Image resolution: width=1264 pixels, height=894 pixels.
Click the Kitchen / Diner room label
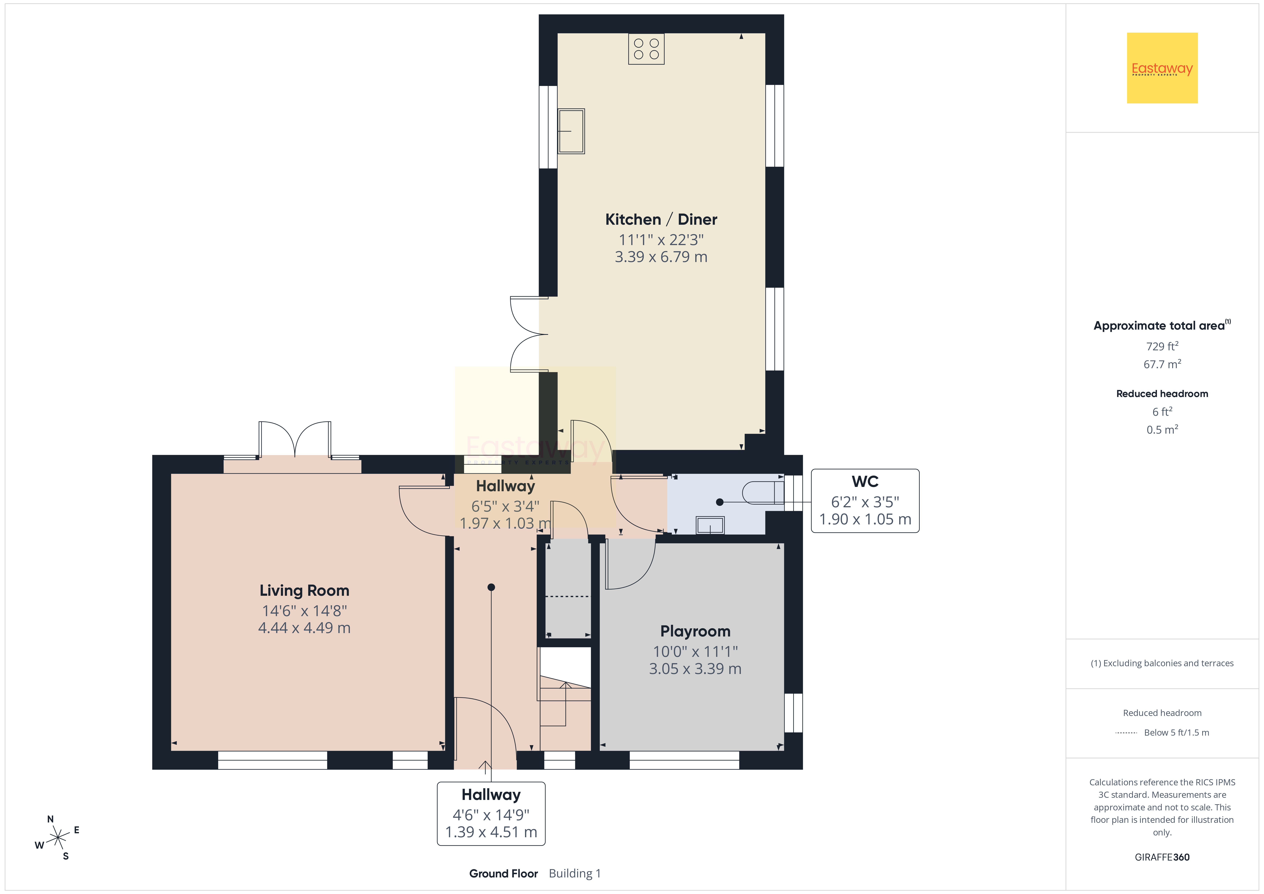point(661,219)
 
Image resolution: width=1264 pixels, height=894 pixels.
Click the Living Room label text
point(304,591)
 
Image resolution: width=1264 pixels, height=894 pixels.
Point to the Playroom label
point(695,631)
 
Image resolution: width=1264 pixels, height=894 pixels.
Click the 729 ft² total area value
point(1162,346)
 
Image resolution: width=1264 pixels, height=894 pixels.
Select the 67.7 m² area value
point(1162,364)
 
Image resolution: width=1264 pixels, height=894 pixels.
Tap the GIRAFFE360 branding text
point(1162,857)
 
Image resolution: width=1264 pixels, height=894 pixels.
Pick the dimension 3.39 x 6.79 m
point(661,257)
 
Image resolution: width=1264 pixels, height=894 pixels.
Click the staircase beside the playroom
point(565,698)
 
